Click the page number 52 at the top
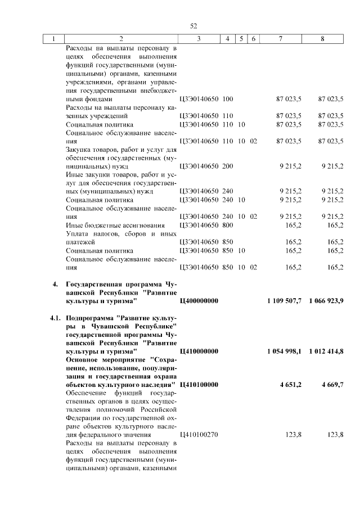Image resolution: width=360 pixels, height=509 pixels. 193,26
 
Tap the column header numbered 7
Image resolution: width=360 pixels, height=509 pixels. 280,39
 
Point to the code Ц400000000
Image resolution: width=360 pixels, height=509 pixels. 199,302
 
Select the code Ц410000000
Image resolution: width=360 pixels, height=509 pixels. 199,351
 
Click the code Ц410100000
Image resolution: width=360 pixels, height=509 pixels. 199,385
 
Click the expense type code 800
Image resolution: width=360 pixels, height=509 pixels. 228,225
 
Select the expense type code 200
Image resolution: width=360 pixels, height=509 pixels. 228,166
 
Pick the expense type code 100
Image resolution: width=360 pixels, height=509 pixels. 228,99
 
